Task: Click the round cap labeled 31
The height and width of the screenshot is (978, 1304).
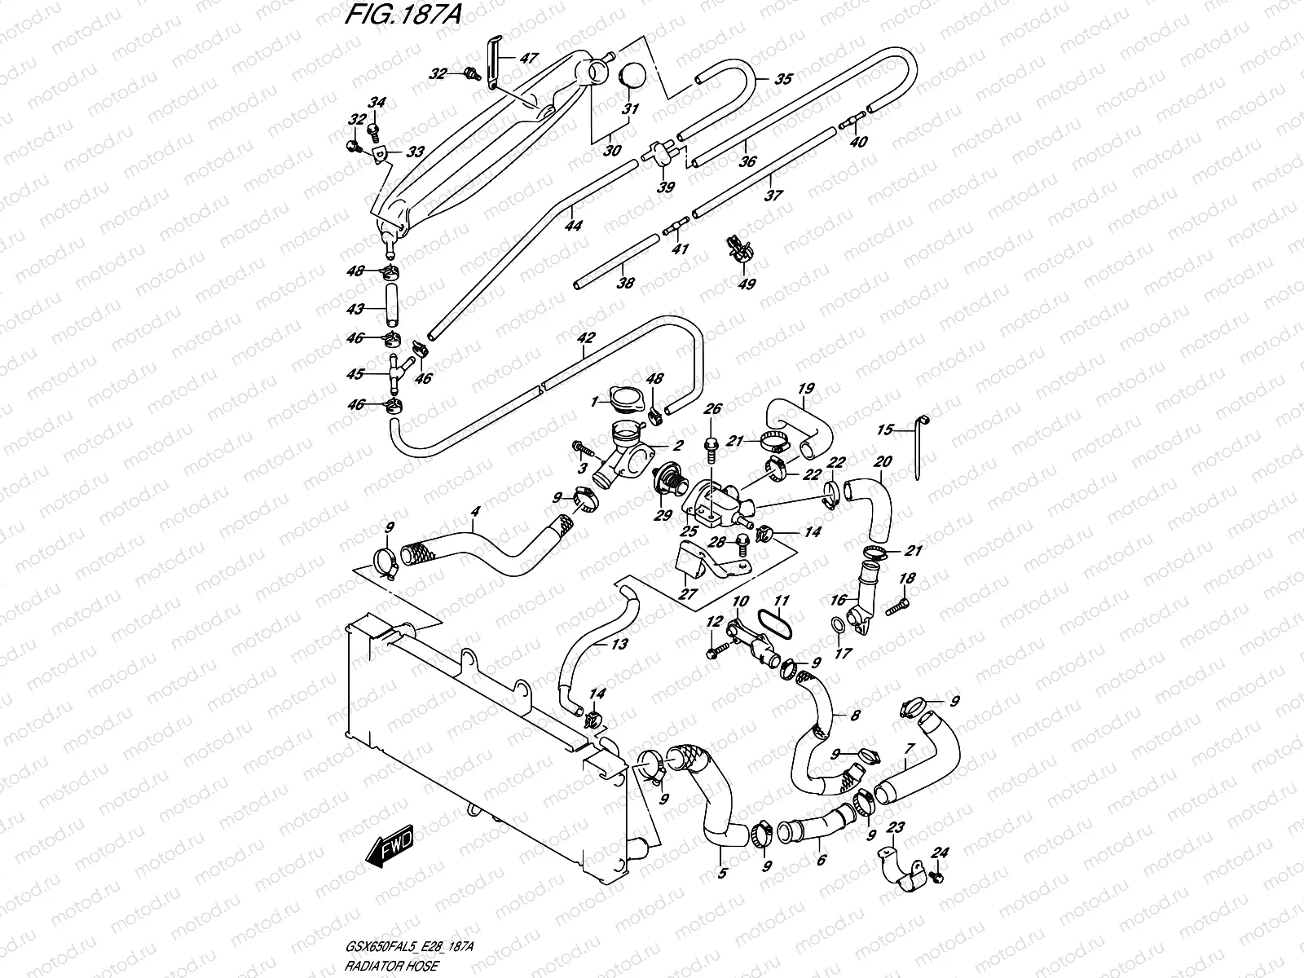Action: tap(632, 76)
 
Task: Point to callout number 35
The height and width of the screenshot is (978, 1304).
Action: tap(782, 80)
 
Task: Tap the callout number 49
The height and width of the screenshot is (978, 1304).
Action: tap(747, 284)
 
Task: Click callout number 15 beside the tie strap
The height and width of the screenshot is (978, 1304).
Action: tap(885, 430)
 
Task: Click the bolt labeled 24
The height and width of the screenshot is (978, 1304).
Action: tap(936, 876)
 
